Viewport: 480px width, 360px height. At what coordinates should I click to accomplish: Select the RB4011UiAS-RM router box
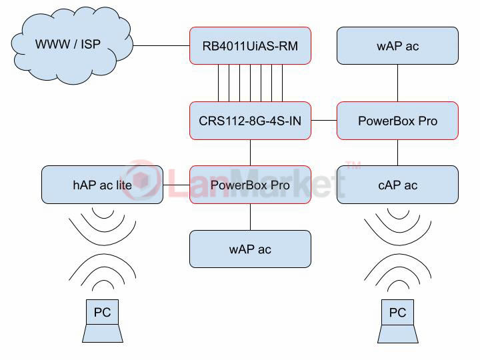point(250,46)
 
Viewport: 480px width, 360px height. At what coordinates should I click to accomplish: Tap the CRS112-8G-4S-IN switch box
point(250,121)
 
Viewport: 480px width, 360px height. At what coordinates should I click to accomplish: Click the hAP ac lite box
point(102,185)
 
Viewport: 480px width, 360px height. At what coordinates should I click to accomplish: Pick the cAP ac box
point(397,185)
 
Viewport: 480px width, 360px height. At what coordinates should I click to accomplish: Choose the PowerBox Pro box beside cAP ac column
point(397,121)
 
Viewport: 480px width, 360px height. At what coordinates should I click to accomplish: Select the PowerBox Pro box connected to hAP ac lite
point(250,185)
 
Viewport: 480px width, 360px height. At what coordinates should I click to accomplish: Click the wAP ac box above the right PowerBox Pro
point(397,46)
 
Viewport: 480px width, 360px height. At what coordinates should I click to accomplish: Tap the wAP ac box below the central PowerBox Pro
point(250,249)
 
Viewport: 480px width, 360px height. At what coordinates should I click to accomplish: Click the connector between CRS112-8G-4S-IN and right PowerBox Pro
point(323,121)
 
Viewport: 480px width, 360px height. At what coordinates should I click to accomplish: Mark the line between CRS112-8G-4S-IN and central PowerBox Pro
point(250,153)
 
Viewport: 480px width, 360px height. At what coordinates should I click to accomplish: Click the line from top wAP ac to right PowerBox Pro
point(397,83)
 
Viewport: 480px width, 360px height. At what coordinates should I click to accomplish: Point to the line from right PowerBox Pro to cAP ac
point(397,153)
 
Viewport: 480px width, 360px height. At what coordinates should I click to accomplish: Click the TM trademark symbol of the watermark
point(353,165)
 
